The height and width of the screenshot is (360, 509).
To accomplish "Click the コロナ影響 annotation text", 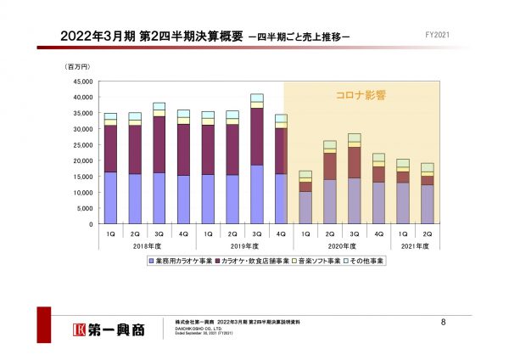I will pyautogui.click(x=350, y=96).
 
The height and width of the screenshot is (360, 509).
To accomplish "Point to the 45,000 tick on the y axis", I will pyautogui.click(x=81, y=82).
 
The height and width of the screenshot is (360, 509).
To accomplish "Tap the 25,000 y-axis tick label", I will pyautogui.click(x=81, y=145).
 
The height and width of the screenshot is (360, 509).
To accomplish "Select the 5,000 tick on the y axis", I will pyautogui.click(x=84, y=209).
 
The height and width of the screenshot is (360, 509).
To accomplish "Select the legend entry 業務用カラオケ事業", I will pyautogui.click(x=182, y=261).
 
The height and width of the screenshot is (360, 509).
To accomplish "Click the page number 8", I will pyautogui.click(x=444, y=322).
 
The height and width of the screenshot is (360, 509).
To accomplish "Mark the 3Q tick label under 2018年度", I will pyautogui.click(x=159, y=233).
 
